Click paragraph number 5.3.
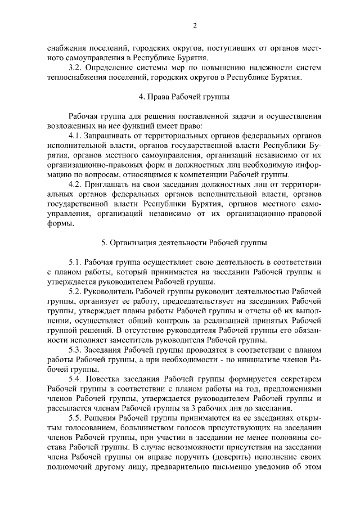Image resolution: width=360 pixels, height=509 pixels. point(76,350)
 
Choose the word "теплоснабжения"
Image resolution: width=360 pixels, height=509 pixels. point(75,78)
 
